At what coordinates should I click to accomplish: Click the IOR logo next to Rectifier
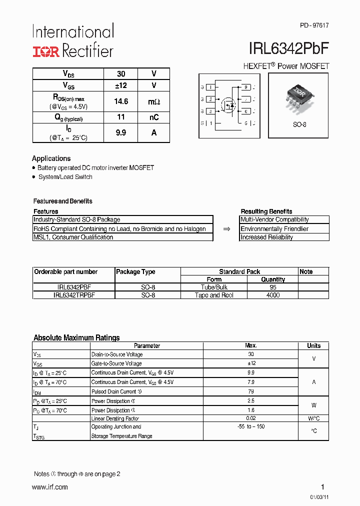[46, 51]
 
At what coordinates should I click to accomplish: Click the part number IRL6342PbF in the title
[288, 49]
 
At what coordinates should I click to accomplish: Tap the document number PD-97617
[314, 25]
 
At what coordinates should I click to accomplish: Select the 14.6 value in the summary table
[121, 101]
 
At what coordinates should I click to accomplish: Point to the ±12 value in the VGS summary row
[121, 85]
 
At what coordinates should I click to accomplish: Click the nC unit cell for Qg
[153, 117]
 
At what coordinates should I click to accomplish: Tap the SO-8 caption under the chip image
[299, 124]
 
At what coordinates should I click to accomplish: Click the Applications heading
[51, 158]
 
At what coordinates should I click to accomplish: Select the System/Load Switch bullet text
[65, 177]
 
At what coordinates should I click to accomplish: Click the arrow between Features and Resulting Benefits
[226, 229]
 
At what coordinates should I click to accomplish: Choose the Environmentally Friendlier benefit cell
[274, 229]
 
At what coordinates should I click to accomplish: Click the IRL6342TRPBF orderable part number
[74, 295]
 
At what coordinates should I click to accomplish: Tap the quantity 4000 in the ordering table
[273, 295]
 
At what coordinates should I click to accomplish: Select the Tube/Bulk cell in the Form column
[214, 287]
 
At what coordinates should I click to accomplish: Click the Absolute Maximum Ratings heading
[76, 338]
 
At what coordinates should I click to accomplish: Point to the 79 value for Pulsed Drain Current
[251, 391]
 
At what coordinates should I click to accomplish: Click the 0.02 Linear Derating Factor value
[251, 418]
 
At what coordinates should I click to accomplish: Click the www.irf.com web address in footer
[50, 487]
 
